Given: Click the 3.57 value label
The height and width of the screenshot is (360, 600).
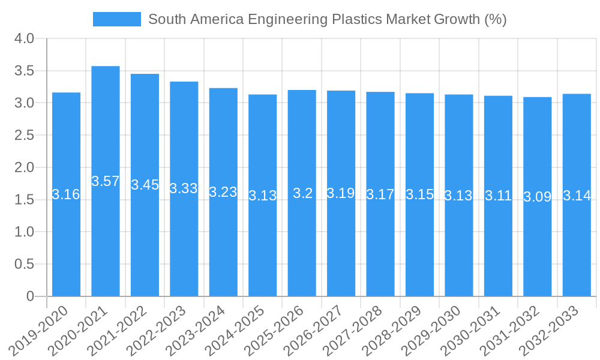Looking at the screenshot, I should tap(106, 181).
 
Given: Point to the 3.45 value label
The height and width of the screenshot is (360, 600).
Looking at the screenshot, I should tap(145, 185).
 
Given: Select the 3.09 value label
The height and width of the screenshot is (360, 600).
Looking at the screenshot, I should tap(538, 197).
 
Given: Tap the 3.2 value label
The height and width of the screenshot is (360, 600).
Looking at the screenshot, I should tap(302, 193).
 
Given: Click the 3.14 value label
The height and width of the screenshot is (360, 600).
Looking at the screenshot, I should tap(577, 195).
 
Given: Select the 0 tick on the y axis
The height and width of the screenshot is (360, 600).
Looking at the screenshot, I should tap(31, 296).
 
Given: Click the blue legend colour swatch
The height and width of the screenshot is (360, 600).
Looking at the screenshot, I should tap(117, 19).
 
